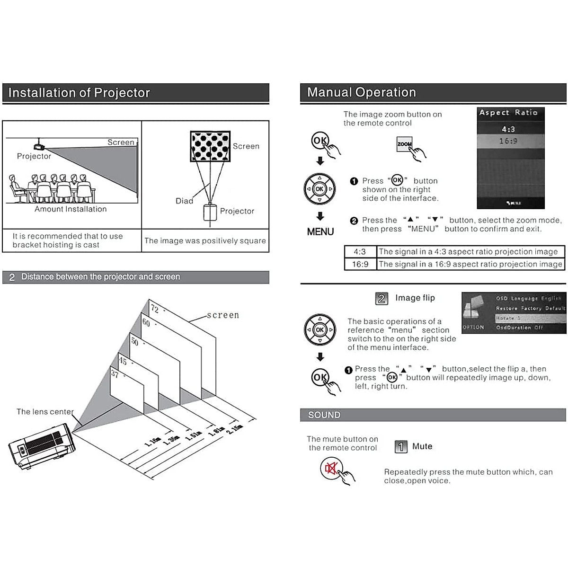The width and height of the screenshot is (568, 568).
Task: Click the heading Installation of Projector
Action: [x=79, y=93]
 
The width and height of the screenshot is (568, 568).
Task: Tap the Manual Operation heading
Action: [x=361, y=92]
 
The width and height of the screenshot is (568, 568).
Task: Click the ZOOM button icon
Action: [x=404, y=144]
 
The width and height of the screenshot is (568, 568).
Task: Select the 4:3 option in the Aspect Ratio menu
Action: [x=508, y=129]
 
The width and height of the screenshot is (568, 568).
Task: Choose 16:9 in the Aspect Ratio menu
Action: [x=508, y=141]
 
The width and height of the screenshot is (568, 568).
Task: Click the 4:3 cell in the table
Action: [x=360, y=252]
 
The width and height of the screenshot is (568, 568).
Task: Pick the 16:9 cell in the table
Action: [x=360, y=264]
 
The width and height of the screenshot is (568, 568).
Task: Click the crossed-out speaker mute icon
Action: [x=330, y=469]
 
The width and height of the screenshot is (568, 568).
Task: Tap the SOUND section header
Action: [x=324, y=415]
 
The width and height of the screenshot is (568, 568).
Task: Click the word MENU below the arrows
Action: [x=320, y=232]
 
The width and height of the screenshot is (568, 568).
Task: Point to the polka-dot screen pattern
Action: [x=210, y=146]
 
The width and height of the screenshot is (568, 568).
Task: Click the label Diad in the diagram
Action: [x=184, y=201]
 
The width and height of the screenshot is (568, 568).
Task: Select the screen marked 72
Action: [x=182, y=331]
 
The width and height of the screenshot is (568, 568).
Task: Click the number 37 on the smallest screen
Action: [x=115, y=374]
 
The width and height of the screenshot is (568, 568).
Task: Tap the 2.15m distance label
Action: [x=235, y=429]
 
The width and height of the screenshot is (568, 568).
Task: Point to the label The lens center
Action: [x=45, y=412]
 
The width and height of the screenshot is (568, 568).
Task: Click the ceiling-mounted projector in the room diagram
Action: [x=39, y=146]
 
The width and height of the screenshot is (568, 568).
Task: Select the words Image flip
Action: [x=415, y=298]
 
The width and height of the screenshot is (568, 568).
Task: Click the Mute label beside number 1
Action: [x=422, y=446]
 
